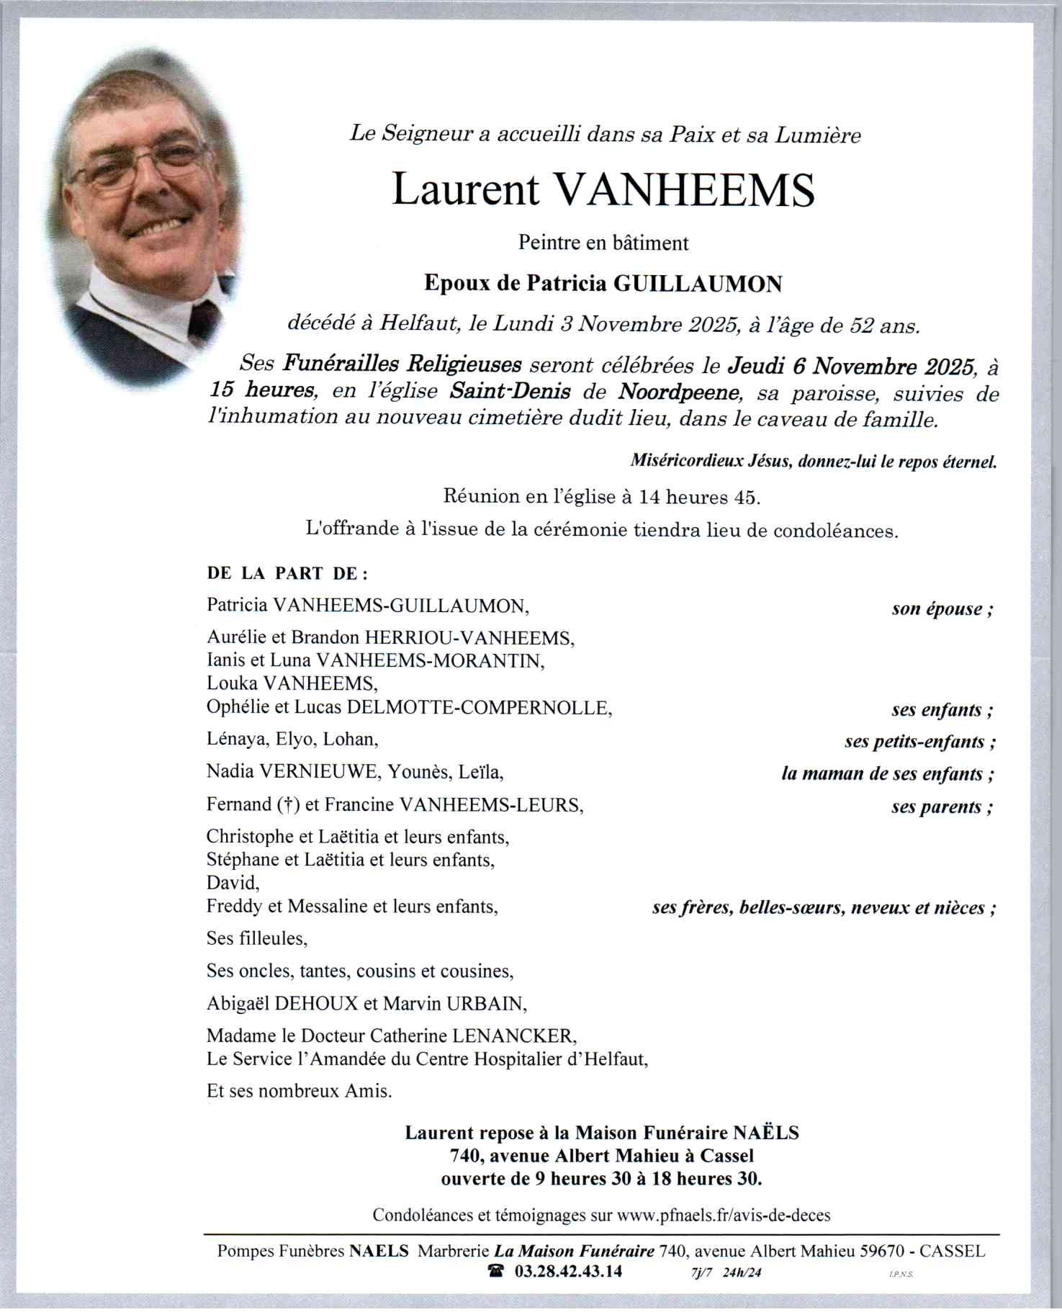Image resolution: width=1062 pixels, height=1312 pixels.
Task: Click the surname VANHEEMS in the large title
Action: point(686,190)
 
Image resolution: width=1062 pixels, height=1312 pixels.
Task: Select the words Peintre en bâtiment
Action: point(603,243)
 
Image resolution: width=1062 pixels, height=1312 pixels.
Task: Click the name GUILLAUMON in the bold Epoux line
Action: point(697,284)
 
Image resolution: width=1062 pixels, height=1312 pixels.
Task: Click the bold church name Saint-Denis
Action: point(510,392)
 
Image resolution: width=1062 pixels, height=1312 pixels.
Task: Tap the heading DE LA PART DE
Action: point(287,574)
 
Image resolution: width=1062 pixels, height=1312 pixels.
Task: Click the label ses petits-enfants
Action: point(920,742)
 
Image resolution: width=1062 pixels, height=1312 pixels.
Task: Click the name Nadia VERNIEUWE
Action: point(292,773)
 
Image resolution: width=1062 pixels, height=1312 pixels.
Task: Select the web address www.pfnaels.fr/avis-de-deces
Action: point(724,1216)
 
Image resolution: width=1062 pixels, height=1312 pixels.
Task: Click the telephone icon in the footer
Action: point(496,1271)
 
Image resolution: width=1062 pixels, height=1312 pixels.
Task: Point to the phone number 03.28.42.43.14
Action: point(568,1271)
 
